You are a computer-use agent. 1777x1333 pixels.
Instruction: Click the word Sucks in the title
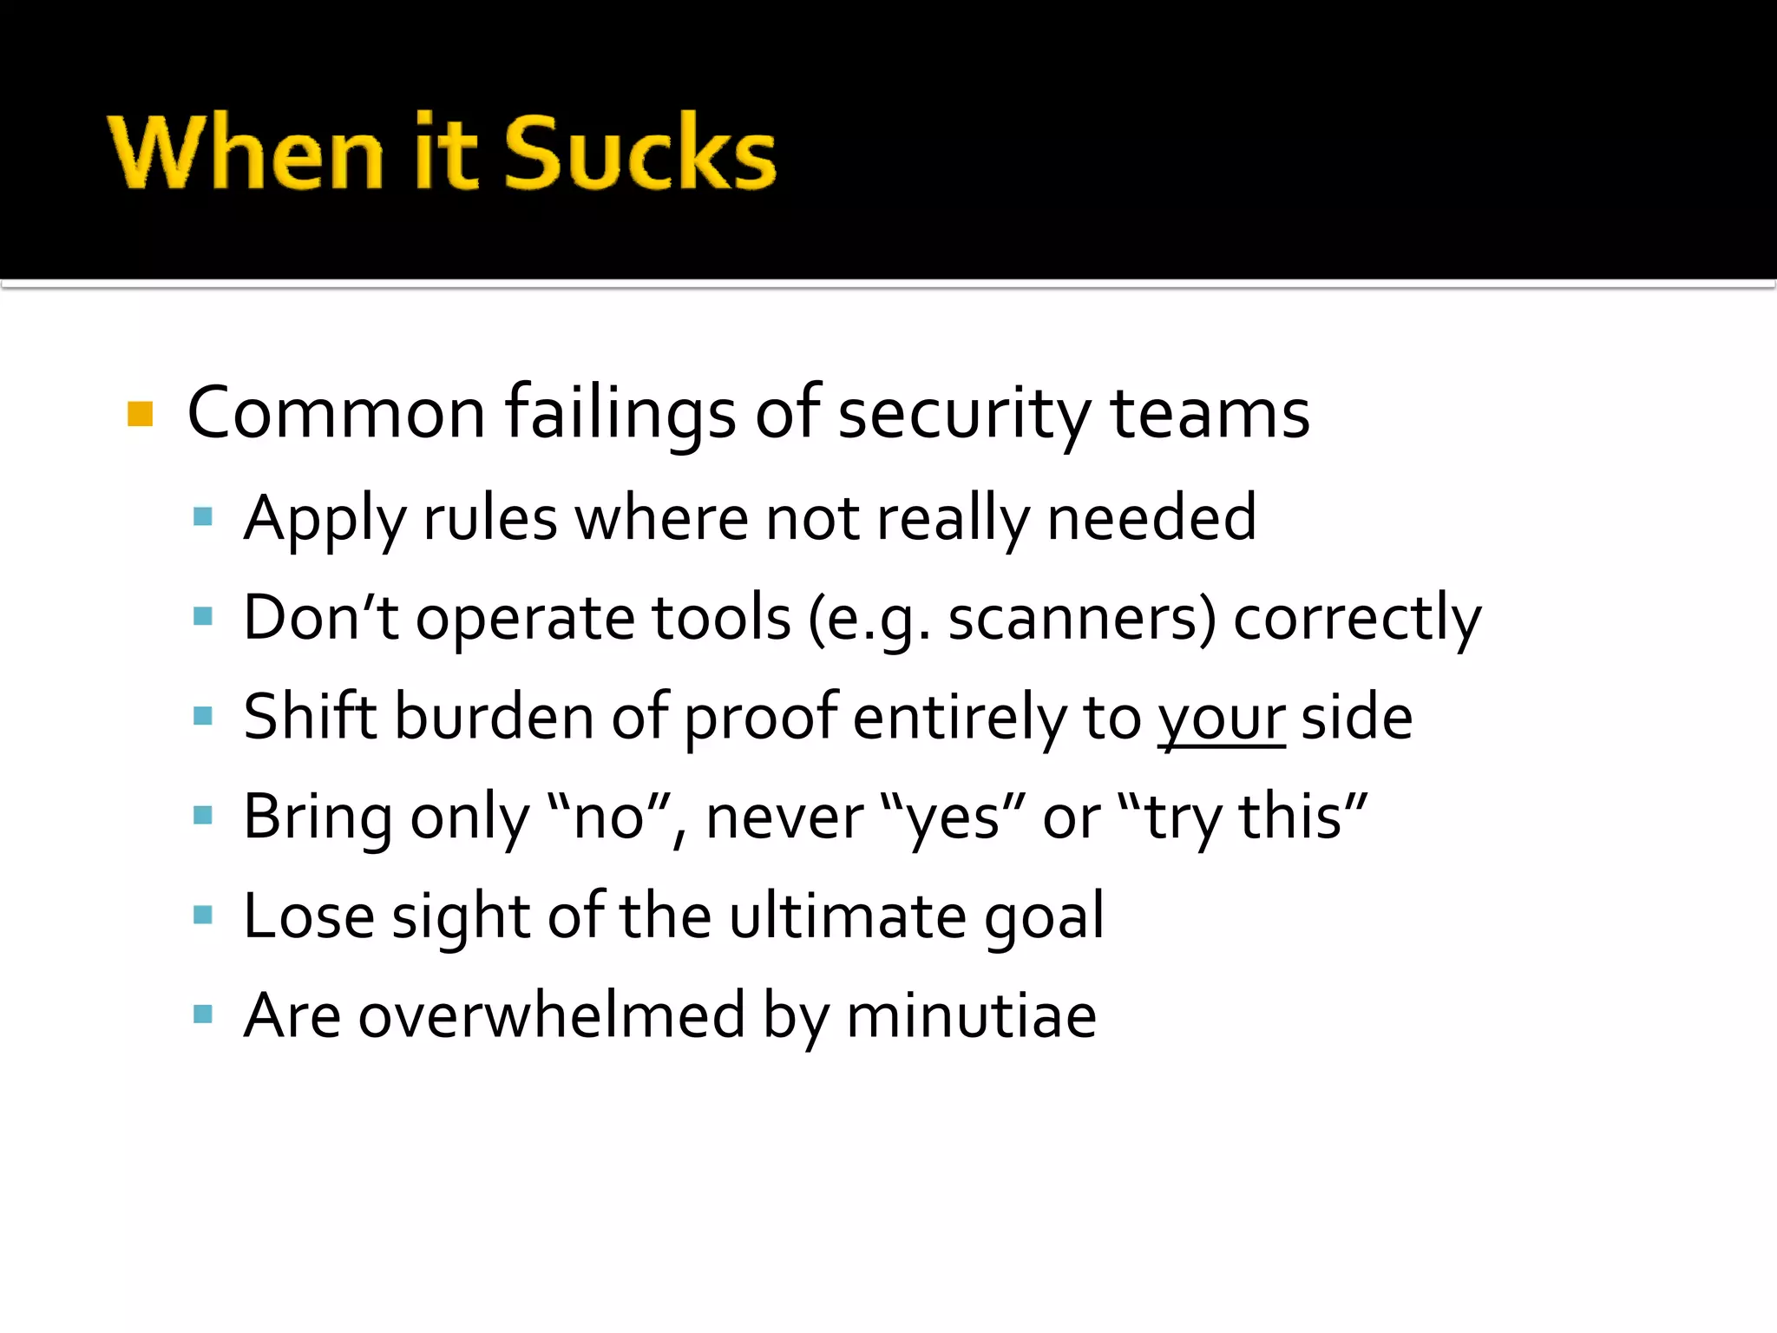click(x=640, y=153)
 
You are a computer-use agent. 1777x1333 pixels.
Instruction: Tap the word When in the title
click(x=246, y=153)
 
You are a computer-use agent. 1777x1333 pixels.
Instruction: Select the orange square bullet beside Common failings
click(x=140, y=414)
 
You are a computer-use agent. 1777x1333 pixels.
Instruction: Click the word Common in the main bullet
click(x=336, y=414)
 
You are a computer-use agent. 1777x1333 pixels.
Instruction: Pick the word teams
click(x=1210, y=414)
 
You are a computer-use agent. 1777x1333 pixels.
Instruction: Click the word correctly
click(x=1357, y=618)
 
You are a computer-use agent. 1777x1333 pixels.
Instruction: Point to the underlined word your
click(x=1221, y=719)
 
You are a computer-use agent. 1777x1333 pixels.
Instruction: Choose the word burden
click(x=494, y=717)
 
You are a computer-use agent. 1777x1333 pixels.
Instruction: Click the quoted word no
click(x=610, y=817)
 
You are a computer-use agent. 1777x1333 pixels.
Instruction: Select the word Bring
click(x=318, y=817)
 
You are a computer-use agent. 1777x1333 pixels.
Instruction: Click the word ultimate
click(x=847, y=916)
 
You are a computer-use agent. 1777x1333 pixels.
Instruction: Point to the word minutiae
click(x=971, y=1015)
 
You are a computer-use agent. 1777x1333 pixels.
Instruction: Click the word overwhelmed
click(x=552, y=1015)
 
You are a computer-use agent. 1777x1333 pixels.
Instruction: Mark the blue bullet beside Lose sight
click(x=203, y=915)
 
